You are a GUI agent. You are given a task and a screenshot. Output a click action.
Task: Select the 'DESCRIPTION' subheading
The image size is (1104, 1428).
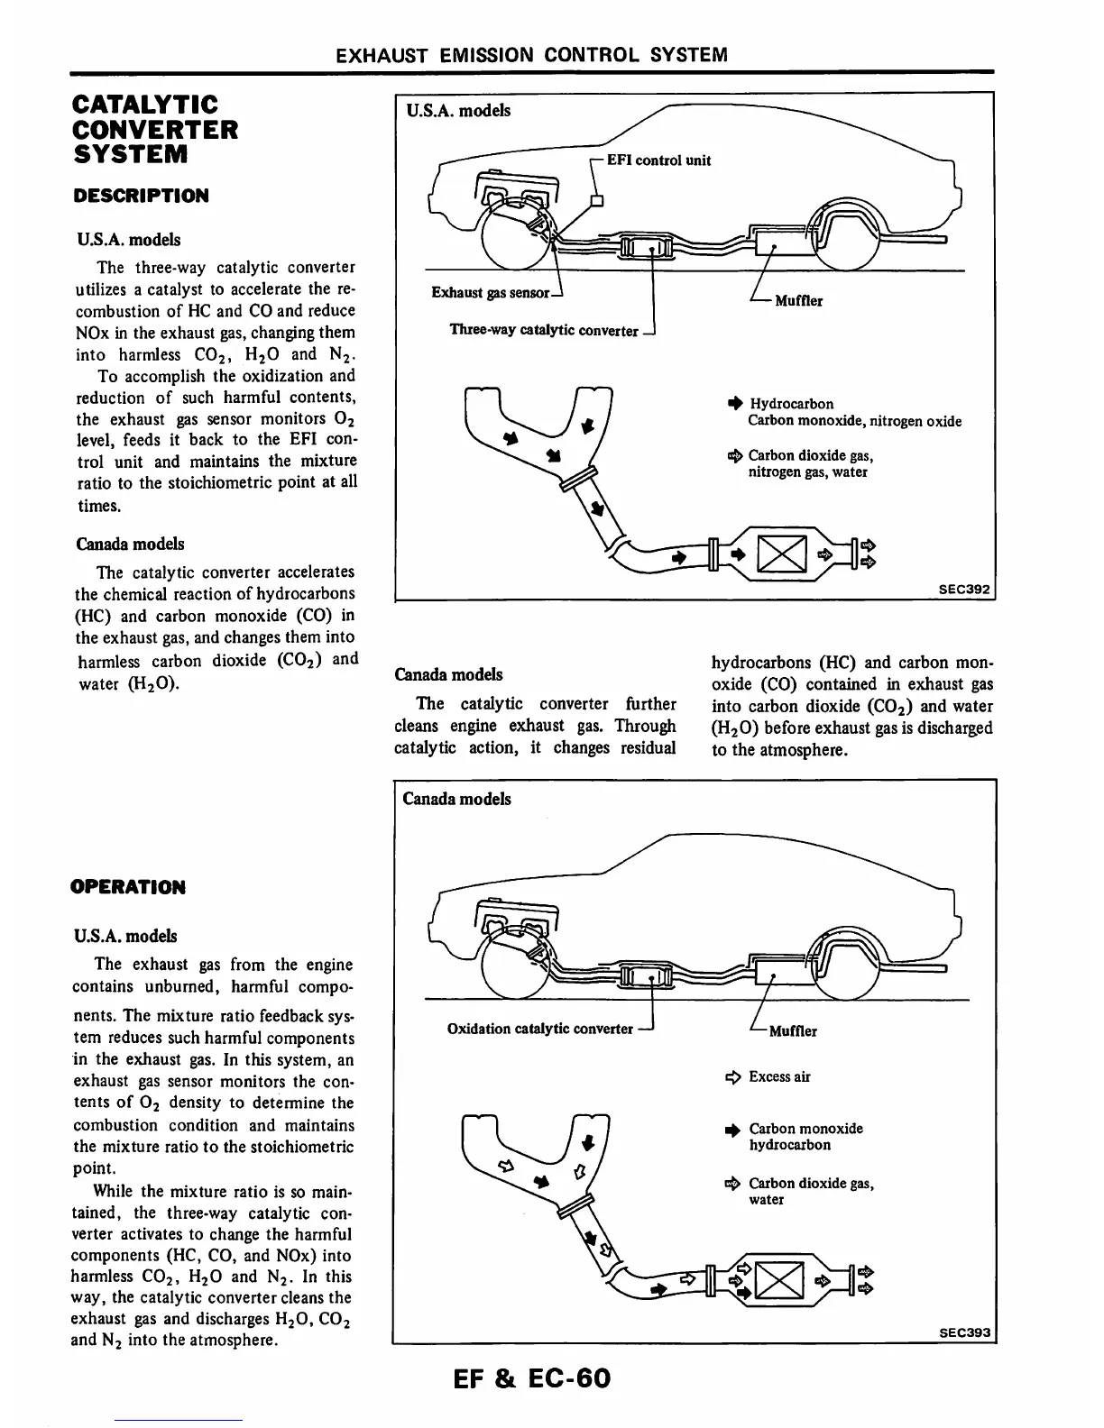(141, 196)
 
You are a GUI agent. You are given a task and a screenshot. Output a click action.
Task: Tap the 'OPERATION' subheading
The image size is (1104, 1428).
(128, 887)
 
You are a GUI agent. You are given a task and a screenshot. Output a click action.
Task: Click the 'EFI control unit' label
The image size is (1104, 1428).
(658, 160)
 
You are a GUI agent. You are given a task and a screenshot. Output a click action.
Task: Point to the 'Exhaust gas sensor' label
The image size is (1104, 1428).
(491, 293)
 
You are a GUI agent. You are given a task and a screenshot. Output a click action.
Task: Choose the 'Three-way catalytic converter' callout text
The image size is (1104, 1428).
(543, 330)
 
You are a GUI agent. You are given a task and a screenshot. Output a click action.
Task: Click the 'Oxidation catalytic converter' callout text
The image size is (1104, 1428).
(539, 1029)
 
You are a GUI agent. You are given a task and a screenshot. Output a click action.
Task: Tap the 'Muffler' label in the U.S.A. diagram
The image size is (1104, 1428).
(798, 301)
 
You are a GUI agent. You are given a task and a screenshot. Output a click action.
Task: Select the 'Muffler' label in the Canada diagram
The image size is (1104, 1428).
(793, 1031)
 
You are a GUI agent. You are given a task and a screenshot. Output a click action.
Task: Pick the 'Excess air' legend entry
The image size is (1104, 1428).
(779, 1076)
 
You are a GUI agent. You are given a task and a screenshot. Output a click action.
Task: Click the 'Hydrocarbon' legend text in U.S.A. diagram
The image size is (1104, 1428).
(791, 404)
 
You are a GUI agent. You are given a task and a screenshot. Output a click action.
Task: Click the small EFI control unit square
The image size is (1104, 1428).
(595, 201)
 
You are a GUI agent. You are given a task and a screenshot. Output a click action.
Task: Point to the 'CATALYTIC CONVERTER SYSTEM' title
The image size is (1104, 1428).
(155, 129)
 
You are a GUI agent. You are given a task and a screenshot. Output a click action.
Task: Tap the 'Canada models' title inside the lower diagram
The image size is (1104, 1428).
(456, 799)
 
